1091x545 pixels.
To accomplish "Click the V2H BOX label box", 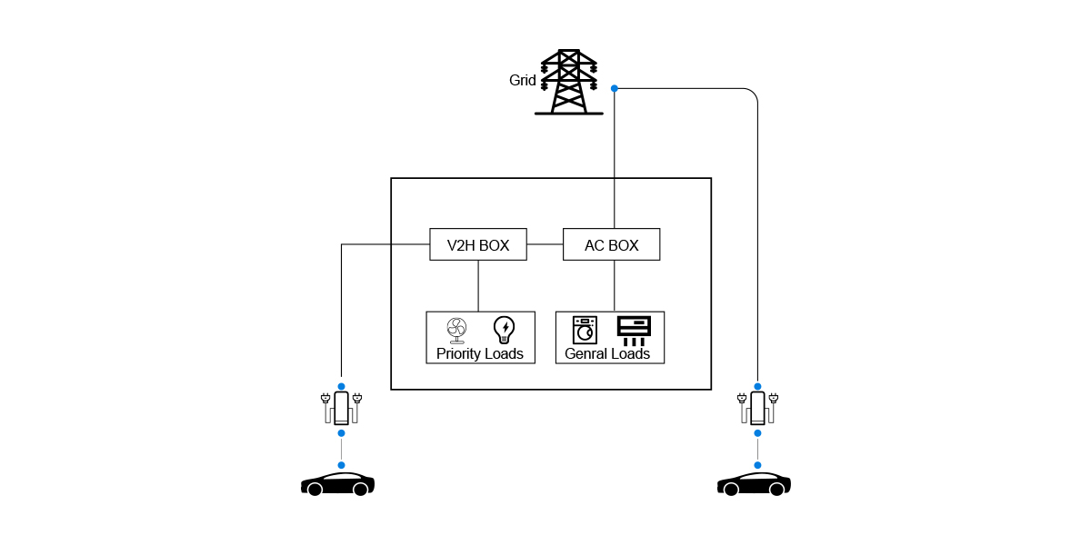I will click(x=478, y=244).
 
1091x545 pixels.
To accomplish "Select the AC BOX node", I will click(x=611, y=244).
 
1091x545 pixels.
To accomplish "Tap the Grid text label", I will click(x=522, y=80).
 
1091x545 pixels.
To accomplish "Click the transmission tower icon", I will click(x=568, y=82).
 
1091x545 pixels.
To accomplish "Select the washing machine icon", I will click(x=584, y=329).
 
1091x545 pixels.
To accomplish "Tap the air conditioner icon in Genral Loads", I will click(x=634, y=329).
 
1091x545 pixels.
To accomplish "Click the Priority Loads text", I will click(x=479, y=353).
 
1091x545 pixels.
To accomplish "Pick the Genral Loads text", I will click(x=607, y=353).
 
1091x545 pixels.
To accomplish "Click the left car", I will click(x=337, y=484).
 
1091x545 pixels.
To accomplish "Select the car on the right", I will click(x=754, y=484).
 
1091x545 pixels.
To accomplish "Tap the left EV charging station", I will click(x=341, y=409).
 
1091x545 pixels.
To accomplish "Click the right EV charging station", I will click(x=757, y=409).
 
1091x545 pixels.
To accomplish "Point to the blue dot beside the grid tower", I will click(x=615, y=88).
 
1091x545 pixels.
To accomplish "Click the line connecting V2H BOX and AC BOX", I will click(x=545, y=244).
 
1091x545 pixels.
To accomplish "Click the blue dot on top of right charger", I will click(x=757, y=386).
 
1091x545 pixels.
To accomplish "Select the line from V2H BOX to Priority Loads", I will click(x=478, y=286).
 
